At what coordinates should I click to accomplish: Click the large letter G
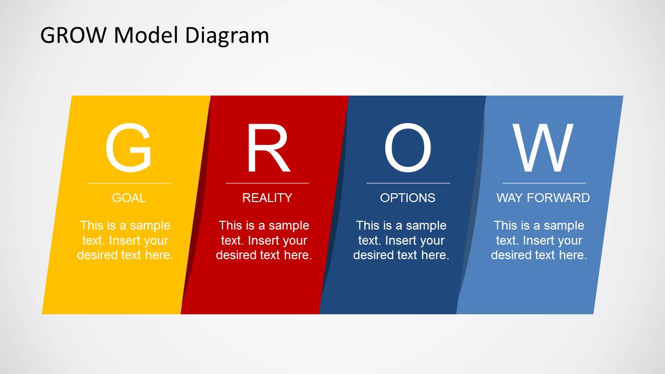pyautogui.click(x=128, y=148)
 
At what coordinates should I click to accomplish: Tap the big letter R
pyautogui.click(x=268, y=148)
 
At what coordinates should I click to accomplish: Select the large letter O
pyautogui.click(x=408, y=148)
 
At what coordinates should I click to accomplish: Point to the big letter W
pyautogui.click(x=543, y=148)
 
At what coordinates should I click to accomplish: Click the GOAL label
pyautogui.click(x=129, y=198)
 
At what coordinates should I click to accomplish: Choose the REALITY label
pyautogui.click(x=267, y=198)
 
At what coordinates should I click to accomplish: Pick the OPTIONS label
pyautogui.click(x=408, y=198)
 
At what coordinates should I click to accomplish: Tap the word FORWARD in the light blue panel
pyautogui.click(x=558, y=198)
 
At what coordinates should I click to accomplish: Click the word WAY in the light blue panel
pyautogui.click(x=510, y=198)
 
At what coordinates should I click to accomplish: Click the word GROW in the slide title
pyautogui.click(x=73, y=35)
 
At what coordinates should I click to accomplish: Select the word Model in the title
pyautogui.click(x=146, y=35)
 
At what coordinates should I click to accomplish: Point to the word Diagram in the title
pyautogui.click(x=227, y=36)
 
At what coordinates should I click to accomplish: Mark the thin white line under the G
pyautogui.click(x=129, y=183)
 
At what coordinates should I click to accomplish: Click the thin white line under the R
pyautogui.click(x=267, y=183)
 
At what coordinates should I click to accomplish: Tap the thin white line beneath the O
pyautogui.click(x=408, y=183)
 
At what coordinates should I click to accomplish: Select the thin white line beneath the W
pyautogui.click(x=544, y=183)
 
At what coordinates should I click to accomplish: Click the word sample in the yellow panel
pyautogui.click(x=150, y=226)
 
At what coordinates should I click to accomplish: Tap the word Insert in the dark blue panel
pyautogui.click(x=400, y=241)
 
